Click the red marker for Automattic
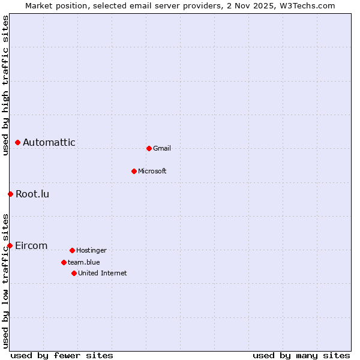click(18, 143)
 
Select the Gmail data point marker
click(149, 148)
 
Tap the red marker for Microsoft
click(134, 171)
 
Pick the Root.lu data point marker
click(10, 194)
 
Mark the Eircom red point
click(10, 245)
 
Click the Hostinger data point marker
click(72, 250)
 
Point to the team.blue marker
click(64, 262)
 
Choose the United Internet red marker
click(74, 273)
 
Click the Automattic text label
click(49, 143)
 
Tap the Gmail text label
click(162, 148)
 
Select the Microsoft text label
click(152, 171)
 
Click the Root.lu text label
click(32, 194)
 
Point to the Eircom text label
click(31, 245)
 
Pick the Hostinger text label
click(91, 250)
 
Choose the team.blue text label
click(84, 262)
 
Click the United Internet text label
click(103, 273)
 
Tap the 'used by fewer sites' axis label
click(62, 355)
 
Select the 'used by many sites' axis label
click(301, 355)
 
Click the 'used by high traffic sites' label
click(5, 85)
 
